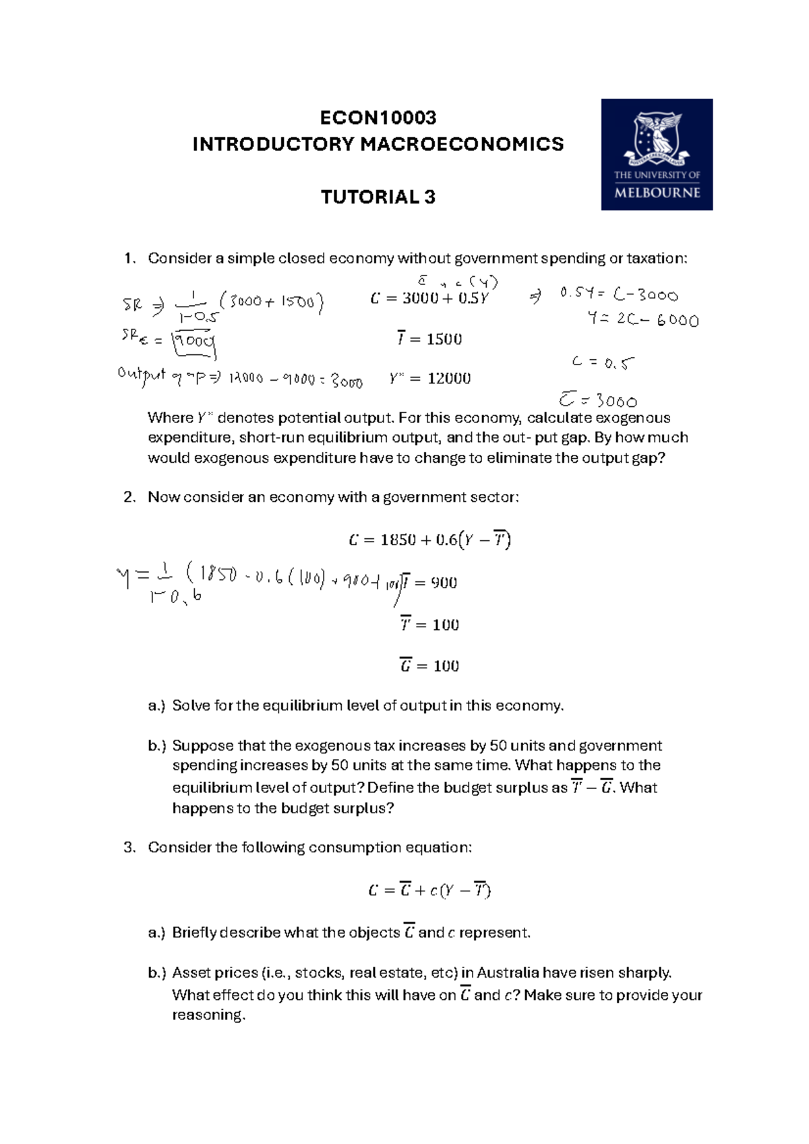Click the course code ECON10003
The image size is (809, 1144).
tap(378, 118)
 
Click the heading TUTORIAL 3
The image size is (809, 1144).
tap(378, 197)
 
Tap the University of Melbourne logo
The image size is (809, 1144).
tap(657, 154)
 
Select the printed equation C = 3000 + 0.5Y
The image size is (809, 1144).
tap(429, 298)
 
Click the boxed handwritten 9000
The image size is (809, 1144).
tap(194, 343)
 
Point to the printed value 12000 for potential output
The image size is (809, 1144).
tap(449, 379)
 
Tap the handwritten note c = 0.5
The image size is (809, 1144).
tap(603, 362)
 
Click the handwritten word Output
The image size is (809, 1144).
tap(141, 375)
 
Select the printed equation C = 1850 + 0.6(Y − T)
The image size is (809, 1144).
tap(429, 540)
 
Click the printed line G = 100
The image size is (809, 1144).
tap(429, 666)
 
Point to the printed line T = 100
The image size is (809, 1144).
tap(429, 625)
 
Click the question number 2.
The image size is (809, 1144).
tap(129, 497)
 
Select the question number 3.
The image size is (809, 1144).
tap(129, 848)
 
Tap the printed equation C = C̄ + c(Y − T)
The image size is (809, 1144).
tap(429, 891)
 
